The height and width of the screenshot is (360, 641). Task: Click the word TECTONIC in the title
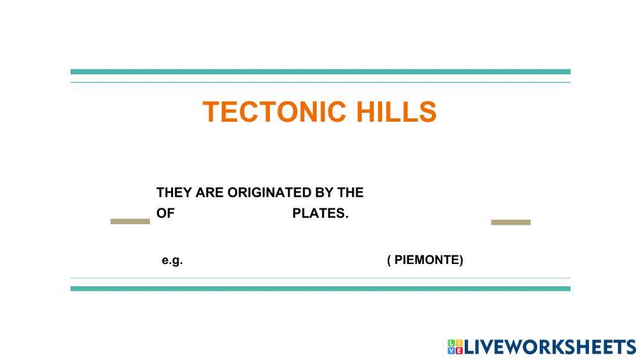click(x=266, y=112)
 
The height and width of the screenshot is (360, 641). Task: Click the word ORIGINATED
click(x=269, y=193)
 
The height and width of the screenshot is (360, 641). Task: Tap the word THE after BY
click(x=350, y=193)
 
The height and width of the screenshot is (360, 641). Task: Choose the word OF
click(x=165, y=214)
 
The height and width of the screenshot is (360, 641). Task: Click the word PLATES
click(x=320, y=214)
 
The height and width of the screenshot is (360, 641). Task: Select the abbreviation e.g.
click(x=172, y=261)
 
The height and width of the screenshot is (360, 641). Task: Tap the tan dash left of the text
click(x=130, y=222)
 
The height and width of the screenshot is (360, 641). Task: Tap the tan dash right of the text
click(x=511, y=222)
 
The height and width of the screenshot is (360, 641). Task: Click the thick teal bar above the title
click(x=320, y=72)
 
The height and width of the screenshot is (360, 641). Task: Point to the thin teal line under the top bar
click(x=320, y=82)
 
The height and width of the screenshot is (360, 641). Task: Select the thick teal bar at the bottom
click(x=320, y=289)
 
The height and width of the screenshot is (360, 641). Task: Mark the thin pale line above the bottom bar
click(x=320, y=278)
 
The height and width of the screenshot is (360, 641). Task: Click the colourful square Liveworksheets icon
click(x=455, y=347)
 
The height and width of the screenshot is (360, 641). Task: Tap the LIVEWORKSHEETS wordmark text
click(x=550, y=347)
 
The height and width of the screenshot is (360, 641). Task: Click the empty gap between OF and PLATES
click(x=233, y=214)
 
